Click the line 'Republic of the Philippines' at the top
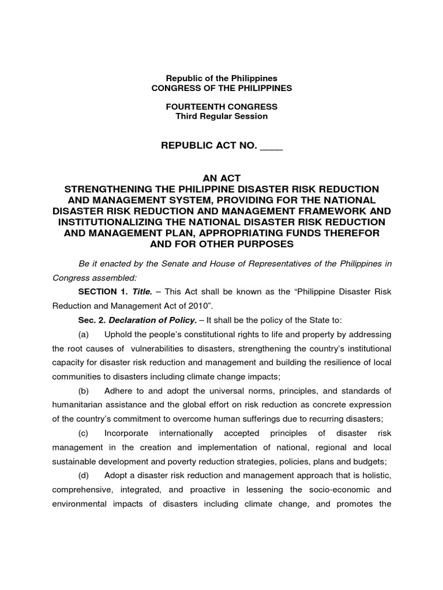point(221,78)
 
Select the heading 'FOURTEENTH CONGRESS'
point(221,107)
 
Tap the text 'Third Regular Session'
point(221,116)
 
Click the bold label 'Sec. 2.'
point(92,320)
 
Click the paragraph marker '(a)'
point(84,335)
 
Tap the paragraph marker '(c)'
point(84,433)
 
